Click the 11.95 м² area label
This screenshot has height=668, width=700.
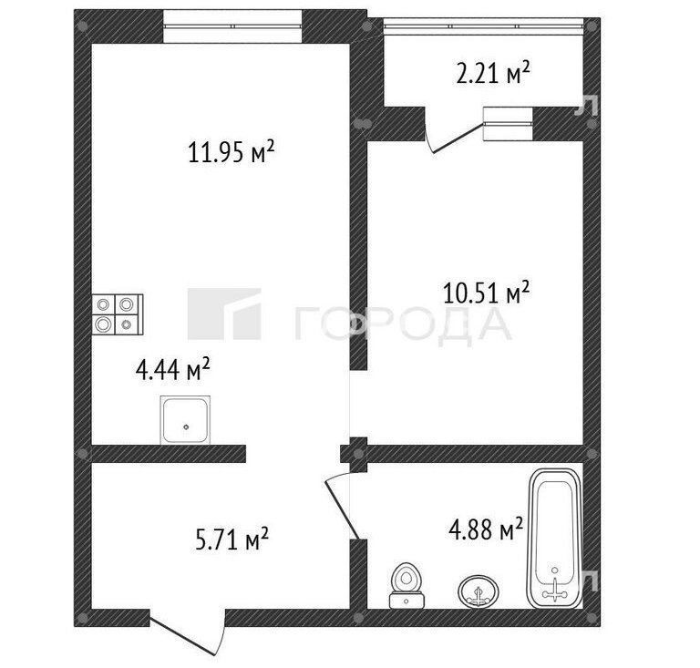tap(231, 151)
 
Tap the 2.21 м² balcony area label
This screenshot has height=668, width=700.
tap(493, 73)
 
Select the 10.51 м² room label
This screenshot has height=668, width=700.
tap(486, 293)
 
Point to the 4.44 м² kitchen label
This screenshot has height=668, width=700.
tap(173, 370)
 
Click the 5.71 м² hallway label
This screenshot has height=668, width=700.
tap(232, 539)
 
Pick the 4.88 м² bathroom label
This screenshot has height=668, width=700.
tap(486, 529)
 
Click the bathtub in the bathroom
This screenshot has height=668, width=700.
tap(555, 539)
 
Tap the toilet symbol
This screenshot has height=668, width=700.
tap(406, 585)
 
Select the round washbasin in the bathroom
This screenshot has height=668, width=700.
tap(479, 591)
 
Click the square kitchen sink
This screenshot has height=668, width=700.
tap(185, 420)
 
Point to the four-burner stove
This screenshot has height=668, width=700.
tap(118, 314)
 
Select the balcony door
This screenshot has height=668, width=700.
tap(456, 138)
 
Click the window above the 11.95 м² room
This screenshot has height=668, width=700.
tap(232, 26)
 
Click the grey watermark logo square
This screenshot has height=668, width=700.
tap(224, 313)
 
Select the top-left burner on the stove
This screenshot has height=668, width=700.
tap(104, 304)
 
